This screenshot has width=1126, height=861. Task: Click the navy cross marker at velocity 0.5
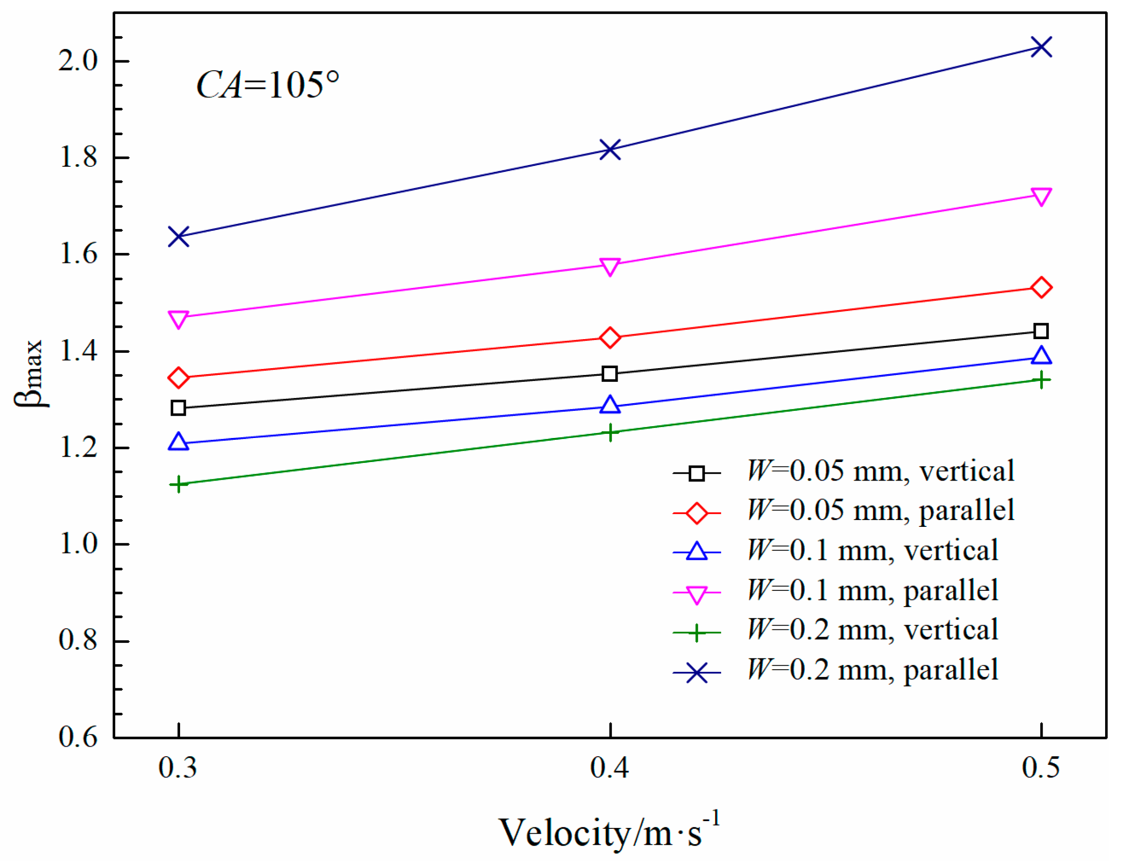[x=1040, y=47]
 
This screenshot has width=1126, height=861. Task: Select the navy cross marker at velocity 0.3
[x=178, y=237]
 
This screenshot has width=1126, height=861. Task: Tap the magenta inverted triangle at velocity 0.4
[x=609, y=266]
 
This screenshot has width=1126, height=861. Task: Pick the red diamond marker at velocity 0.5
[x=1040, y=287]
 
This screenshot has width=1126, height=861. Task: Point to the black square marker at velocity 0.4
[x=609, y=374]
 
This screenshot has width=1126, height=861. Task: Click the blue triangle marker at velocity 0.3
[x=178, y=442]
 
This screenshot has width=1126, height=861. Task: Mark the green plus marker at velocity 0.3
[x=178, y=484]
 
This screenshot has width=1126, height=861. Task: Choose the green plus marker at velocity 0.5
[x=1040, y=380]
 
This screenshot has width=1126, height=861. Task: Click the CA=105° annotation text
[x=268, y=85]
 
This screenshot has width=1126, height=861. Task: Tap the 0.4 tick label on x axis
[x=609, y=768]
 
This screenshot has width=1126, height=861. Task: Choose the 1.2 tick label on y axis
[x=78, y=448]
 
